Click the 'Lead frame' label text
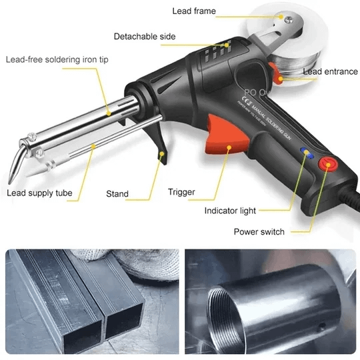click(x=194, y=11)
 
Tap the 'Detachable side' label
click(x=145, y=36)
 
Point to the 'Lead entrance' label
click(x=330, y=71)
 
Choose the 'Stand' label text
click(x=117, y=194)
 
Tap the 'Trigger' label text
click(x=181, y=192)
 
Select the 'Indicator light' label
click(x=229, y=211)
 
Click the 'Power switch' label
click(x=259, y=231)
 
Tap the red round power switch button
click(x=327, y=164)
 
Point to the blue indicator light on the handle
click(x=306, y=153)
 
